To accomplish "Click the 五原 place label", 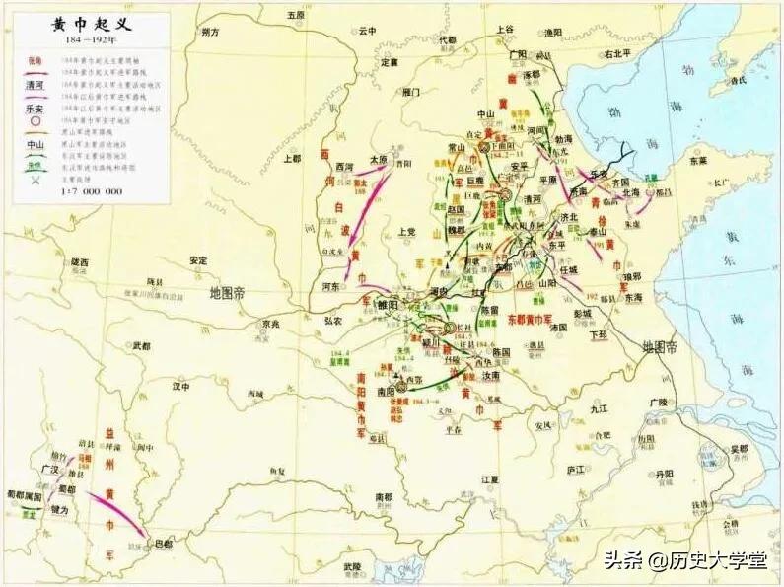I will (x=295, y=16).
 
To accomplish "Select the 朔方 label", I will (x=209, y=32).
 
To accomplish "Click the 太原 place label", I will (x=378, y=158).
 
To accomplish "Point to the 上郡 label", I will (x=291, y=158).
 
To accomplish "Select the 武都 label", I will (x=141, y=346).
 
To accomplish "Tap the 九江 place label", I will (x=601, y=407).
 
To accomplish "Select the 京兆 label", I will (x=271, y=323).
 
